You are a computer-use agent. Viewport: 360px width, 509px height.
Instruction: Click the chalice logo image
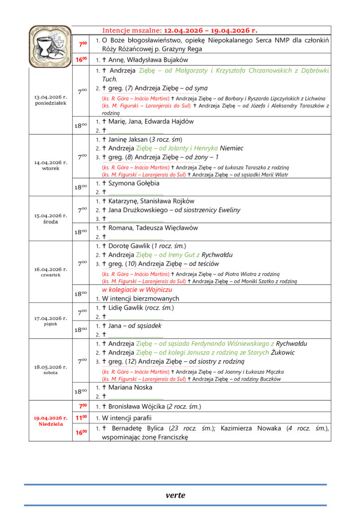coord(50,46)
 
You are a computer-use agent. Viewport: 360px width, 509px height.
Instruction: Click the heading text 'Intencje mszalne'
coord(131,30)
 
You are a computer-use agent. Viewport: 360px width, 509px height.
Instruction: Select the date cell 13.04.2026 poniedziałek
coord(51,100)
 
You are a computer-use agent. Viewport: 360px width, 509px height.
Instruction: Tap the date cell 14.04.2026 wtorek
coord(51,165)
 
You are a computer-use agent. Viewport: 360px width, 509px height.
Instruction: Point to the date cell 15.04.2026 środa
coord(51,219)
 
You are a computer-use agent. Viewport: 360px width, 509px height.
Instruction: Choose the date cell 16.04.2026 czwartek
coord(51,271)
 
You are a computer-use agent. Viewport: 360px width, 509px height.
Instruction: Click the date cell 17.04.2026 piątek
coord(51,321)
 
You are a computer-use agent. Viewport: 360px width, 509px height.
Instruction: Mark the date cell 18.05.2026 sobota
coord(51,369)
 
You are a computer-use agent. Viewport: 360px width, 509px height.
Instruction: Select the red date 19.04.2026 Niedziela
coord(51,421)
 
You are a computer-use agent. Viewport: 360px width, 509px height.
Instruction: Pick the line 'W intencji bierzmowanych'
coord(141,299)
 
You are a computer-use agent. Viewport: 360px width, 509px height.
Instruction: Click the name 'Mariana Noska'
coord(131,387)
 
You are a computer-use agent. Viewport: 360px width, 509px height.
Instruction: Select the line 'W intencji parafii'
coord(127,418)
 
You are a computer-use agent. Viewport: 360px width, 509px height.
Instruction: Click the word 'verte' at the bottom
coord(176,495)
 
